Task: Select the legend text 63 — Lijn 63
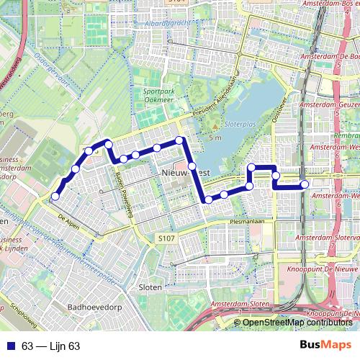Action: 50,346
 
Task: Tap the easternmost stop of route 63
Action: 305,184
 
